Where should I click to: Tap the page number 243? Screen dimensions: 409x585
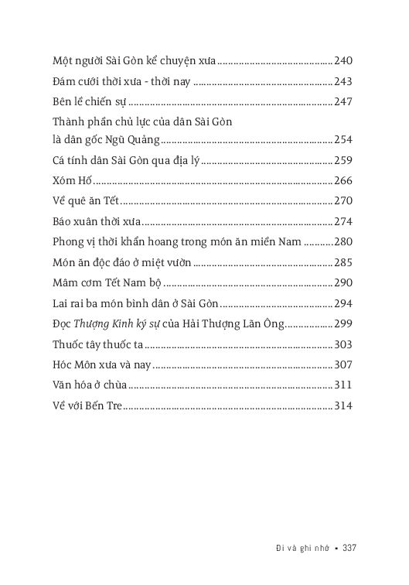coord(343,80)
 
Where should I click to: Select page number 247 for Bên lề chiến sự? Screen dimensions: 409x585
coord(343,101)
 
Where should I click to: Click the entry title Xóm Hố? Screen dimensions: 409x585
coord(70,181)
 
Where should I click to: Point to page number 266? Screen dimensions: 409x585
coord(343,181)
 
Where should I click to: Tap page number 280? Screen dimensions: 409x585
coord(343,241)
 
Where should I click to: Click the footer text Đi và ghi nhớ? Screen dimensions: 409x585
coord(296,548)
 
